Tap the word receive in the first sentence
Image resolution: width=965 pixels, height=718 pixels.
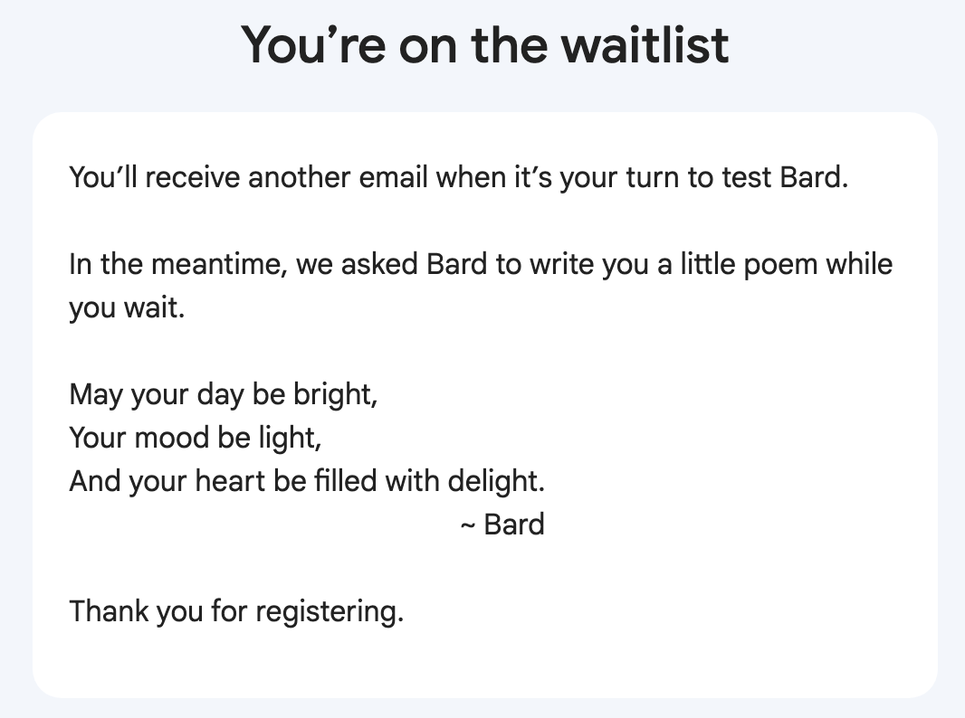pyautogui.click(x=193, y=177)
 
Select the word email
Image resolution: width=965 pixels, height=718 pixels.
pyautogui.click(x=393, y=177)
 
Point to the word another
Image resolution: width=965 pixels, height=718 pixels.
pyautogui.click(x=299, y=177)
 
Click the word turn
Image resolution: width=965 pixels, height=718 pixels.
pyautogui.click(x=653, y=177)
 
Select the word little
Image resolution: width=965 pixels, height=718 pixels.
pyautogui.click(x=707, y=264)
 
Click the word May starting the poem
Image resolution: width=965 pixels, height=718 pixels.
pyautogui.click(x=96, y=395)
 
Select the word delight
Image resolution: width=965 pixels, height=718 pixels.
pyautogui.click(x=496, y=482)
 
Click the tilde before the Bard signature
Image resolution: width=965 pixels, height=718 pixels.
pyautogui.click(x=468, y=526)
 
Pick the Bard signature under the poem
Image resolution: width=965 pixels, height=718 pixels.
pyautogui.click(x=514, y=525)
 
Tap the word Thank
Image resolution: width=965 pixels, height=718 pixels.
pyautogui.click(x=109, y=611)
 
